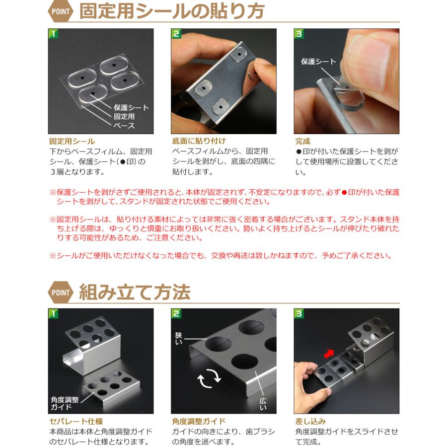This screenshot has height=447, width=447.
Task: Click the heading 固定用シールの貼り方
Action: point(172,11)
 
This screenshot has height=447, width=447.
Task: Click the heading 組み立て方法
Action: point(135,292)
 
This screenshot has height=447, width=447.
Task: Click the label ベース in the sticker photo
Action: point(124,126)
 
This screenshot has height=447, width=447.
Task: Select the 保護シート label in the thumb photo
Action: point(318,62)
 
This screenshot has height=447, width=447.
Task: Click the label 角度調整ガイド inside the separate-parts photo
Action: point(65,403)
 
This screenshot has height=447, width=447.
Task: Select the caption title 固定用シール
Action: point(72,142)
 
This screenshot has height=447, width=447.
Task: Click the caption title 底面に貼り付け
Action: point(199,142)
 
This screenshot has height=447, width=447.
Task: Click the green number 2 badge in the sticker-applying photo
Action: point(176,34)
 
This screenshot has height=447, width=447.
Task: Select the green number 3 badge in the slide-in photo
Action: point(299,314)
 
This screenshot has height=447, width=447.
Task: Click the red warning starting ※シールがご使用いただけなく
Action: point(221,256)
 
